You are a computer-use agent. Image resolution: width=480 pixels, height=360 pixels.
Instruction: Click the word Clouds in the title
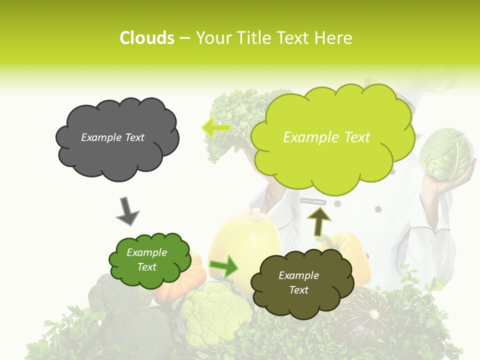point(146,38)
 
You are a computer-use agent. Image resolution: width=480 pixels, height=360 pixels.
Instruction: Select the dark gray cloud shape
point(117,138)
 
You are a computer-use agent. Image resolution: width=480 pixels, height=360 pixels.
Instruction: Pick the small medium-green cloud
point(149,260)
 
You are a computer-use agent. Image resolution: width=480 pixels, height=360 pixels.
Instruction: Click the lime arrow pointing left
point(216,127)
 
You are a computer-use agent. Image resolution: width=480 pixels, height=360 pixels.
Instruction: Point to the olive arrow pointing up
point(318,220)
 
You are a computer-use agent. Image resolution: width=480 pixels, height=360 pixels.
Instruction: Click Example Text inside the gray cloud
point(112,137)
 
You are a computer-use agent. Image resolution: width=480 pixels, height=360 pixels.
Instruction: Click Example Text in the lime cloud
point(326,137)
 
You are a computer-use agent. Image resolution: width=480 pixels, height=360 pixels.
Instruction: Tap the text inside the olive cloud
point(298,282)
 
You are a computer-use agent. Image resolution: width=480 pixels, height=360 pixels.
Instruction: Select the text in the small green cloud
point(146,259)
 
